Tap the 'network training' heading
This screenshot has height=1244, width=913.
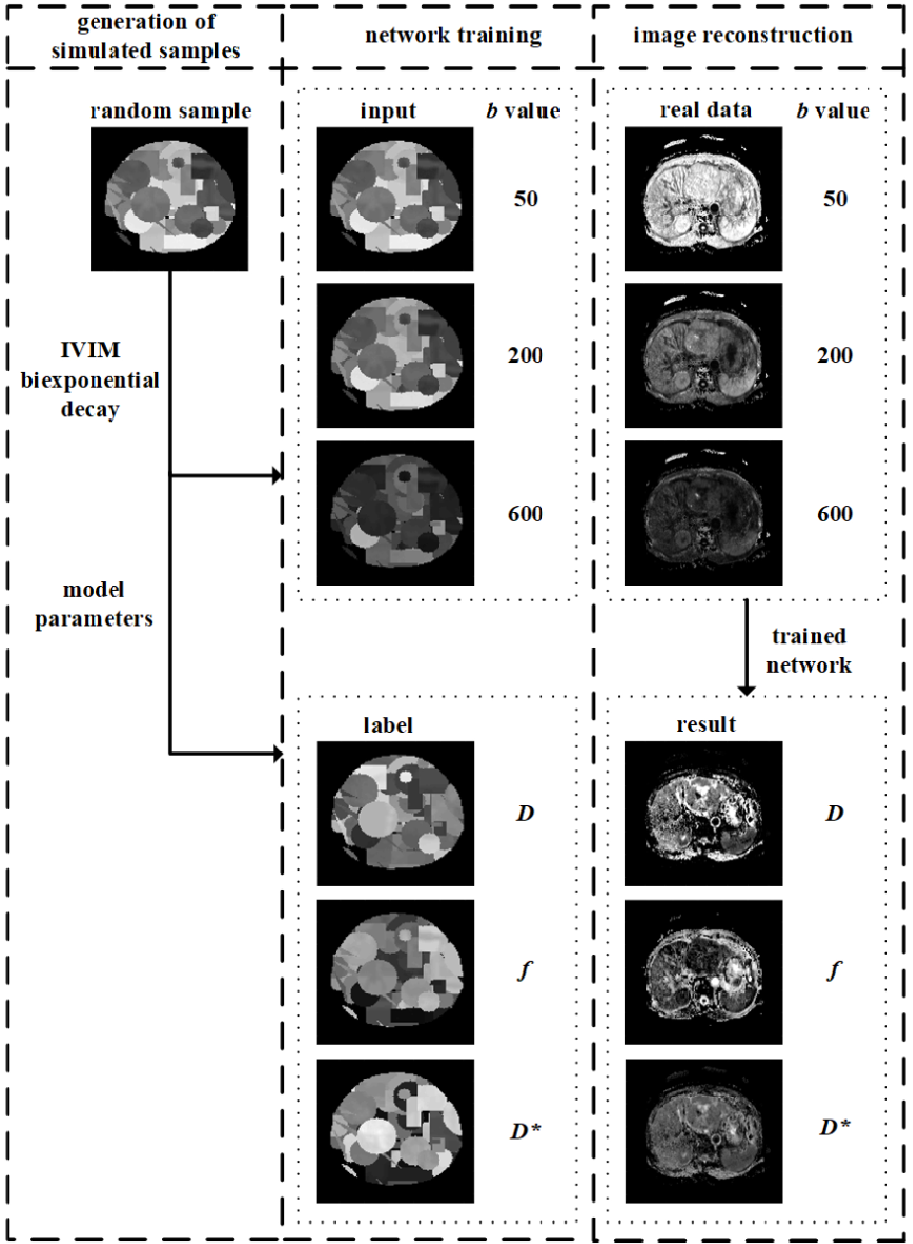pos(453,35)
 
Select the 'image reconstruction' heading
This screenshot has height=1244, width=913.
pos(742,35)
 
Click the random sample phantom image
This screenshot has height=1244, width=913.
pos(169,199)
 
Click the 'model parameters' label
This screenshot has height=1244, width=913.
pos(94,604)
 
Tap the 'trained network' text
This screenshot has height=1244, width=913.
pos(809,651)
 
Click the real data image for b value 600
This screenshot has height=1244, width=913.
pos(703,513)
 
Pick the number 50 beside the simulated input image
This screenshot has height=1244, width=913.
pos(525,199)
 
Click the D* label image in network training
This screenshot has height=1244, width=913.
pos(395,1131)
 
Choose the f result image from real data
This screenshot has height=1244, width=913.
pos(703,972)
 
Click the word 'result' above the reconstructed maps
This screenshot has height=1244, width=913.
pos(706,724)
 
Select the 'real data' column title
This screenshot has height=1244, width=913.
pos(706,111)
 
